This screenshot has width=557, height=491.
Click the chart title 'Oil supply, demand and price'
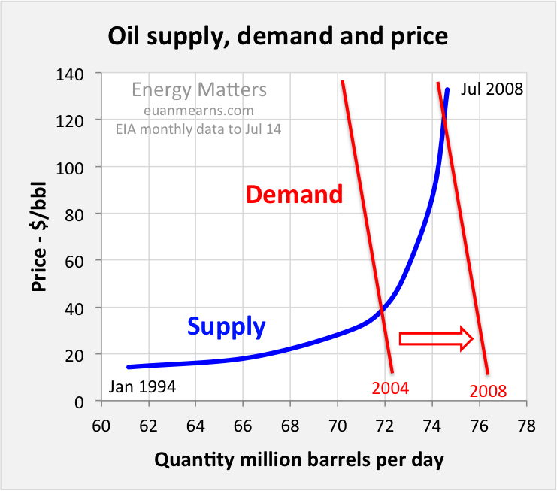click(x=278, y=36)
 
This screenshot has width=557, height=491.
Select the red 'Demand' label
click(x=294, y=195)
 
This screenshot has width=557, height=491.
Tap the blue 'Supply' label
click(x=226, y=326)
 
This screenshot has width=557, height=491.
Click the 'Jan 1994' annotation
click(x=142, y=387)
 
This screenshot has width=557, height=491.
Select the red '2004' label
click(x=389, y=389)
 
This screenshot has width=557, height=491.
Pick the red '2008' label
click(x=488, y=391)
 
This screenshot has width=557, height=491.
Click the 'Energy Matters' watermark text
click(x=198, y=90)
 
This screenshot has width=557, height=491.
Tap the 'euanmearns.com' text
click(x=198, y=111)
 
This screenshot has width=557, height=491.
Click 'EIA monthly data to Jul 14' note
click(x=198, y=129)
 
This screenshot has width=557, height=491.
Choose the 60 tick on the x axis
click(x=100, y=426)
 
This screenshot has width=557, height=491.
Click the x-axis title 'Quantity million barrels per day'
click(x=299, y=459)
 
